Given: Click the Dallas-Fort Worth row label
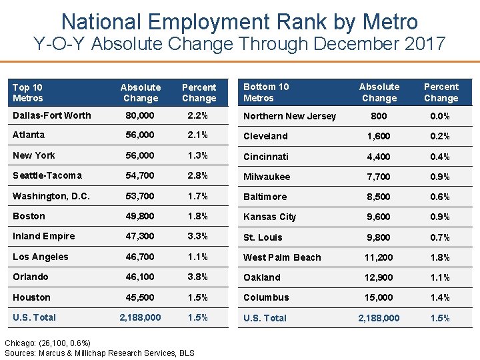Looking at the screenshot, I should pos(51,115).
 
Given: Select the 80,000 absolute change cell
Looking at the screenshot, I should pos(140,115).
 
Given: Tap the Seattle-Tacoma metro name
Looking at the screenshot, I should pos(47,175).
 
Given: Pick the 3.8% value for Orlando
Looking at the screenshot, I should pos(199,277).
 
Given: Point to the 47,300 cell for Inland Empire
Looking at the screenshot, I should pos(140,236).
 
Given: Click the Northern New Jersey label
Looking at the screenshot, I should pos(289,116).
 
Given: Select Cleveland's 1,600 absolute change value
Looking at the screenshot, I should pos(379,136).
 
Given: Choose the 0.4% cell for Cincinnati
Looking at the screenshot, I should pos(441,157).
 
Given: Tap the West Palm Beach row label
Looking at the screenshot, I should pos(282,257).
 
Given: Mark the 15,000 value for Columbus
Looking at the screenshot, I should pos(379,297).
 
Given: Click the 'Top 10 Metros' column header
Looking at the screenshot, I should pos(28,93).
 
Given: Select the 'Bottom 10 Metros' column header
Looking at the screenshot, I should pos(266,92).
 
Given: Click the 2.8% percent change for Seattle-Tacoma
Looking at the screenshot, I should pos(199,175).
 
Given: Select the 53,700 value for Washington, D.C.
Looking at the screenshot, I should pos(140,196).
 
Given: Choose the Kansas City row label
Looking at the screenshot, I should pos(269,217).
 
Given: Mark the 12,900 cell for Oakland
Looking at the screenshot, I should pos(379,277).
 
